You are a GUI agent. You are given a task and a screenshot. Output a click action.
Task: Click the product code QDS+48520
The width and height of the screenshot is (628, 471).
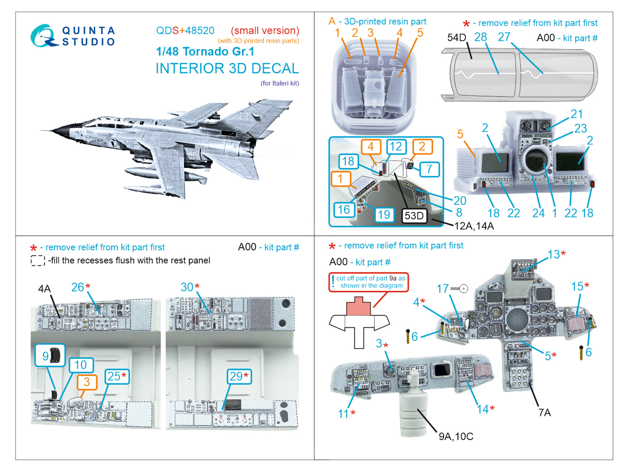[x=185, y=31]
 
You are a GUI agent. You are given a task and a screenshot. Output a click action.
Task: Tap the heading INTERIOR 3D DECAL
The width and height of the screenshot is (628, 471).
[x=227, y=69]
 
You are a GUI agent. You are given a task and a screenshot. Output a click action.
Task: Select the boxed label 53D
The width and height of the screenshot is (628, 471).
[x=414, y=216]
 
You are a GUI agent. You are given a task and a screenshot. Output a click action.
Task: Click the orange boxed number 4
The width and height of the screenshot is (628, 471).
[x=371, y=147]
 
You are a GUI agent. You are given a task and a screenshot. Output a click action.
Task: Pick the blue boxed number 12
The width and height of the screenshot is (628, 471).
[x=396, y=147]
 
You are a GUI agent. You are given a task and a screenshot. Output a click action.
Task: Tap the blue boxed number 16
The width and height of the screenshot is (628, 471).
[x=344, y=210]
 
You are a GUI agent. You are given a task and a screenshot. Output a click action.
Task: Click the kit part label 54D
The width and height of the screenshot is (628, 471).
[x=456, y=38]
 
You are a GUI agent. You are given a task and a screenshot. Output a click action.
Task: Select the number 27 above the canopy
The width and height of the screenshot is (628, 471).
[x=504, y=37]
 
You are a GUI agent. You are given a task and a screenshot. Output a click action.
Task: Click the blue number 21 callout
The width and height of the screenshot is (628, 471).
[x=577, y=114]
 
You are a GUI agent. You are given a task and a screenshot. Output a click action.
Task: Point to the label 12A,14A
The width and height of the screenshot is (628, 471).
[x=474, y=226]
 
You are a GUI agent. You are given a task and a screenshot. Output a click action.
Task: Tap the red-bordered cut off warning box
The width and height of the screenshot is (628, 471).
[x=369, y=282]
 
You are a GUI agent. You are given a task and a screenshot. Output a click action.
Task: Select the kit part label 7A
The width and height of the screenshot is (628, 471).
[x=544, y=413]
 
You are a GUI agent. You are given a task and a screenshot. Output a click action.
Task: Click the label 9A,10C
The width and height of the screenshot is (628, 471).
[x=456, y=436]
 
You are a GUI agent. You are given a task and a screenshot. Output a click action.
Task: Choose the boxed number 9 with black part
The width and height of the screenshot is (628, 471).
[x=50, y=356]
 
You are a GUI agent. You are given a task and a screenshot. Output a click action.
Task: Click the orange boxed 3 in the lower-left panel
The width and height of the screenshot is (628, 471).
[x=87, y=382]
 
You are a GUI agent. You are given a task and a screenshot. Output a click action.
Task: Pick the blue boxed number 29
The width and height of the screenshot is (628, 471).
[x=239, y=376]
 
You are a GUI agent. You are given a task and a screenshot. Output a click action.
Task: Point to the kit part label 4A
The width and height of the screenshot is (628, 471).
[x=44, y=289]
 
